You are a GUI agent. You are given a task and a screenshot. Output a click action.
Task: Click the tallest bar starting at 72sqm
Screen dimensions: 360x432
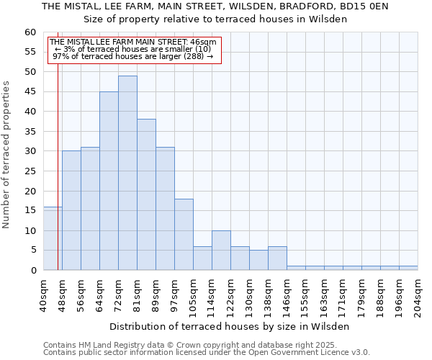point(127,173)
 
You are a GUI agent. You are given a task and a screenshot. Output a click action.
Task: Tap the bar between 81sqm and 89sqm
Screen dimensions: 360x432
point(146,194)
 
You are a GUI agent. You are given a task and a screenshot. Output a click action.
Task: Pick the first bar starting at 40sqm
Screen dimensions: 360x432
point(53,238)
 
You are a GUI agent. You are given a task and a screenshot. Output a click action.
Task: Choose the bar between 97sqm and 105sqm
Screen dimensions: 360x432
point(184,234)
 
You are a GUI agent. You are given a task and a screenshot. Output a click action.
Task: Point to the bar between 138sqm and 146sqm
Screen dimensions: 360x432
point(277,258)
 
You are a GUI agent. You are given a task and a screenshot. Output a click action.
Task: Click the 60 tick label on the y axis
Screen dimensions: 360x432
point(30,32)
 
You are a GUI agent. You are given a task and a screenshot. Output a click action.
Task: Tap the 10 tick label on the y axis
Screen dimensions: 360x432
point(30,231)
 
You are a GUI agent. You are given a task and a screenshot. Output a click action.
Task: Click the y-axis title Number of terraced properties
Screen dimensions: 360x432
point(7,154)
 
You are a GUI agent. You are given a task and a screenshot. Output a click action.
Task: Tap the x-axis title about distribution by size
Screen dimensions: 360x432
point(230,326)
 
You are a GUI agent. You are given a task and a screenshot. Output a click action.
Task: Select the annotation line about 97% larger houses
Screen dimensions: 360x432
point(133,55)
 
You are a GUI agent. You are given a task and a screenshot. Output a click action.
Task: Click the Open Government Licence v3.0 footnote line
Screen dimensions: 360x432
point(207,352)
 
